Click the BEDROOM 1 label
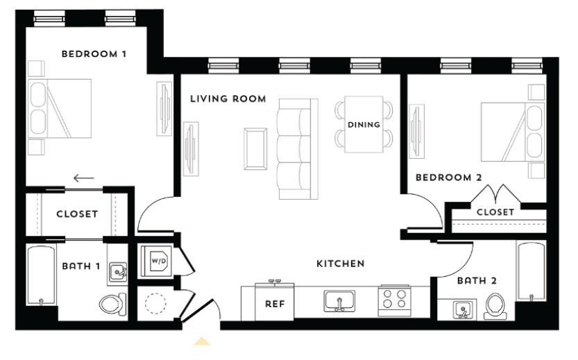[94, 53]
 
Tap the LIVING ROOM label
[228, 99]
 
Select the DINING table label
[364, 125]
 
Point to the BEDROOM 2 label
[448, 178]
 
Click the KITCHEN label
[340, 264]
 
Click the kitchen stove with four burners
[394, 300]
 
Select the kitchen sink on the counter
[339, 300]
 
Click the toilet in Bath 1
[112, 303]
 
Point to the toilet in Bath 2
[494, 304]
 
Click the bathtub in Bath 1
[41, 277]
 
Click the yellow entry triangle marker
[201, 341]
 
